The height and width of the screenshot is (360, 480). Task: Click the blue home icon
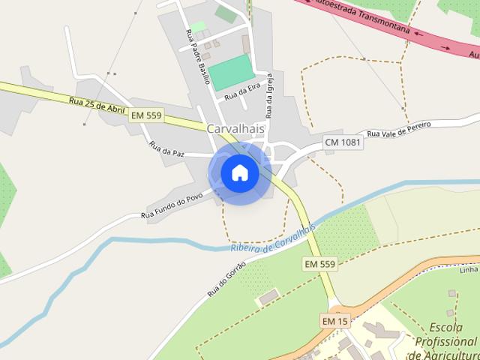(240, 172)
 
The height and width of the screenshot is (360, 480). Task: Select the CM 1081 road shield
(343, 142)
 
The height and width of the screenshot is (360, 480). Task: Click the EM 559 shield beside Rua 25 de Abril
(146, 115)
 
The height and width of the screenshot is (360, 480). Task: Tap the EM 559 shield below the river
(320, 265)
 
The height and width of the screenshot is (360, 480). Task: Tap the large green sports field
(232, 72)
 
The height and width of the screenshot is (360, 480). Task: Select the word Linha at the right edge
(469, 270)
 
